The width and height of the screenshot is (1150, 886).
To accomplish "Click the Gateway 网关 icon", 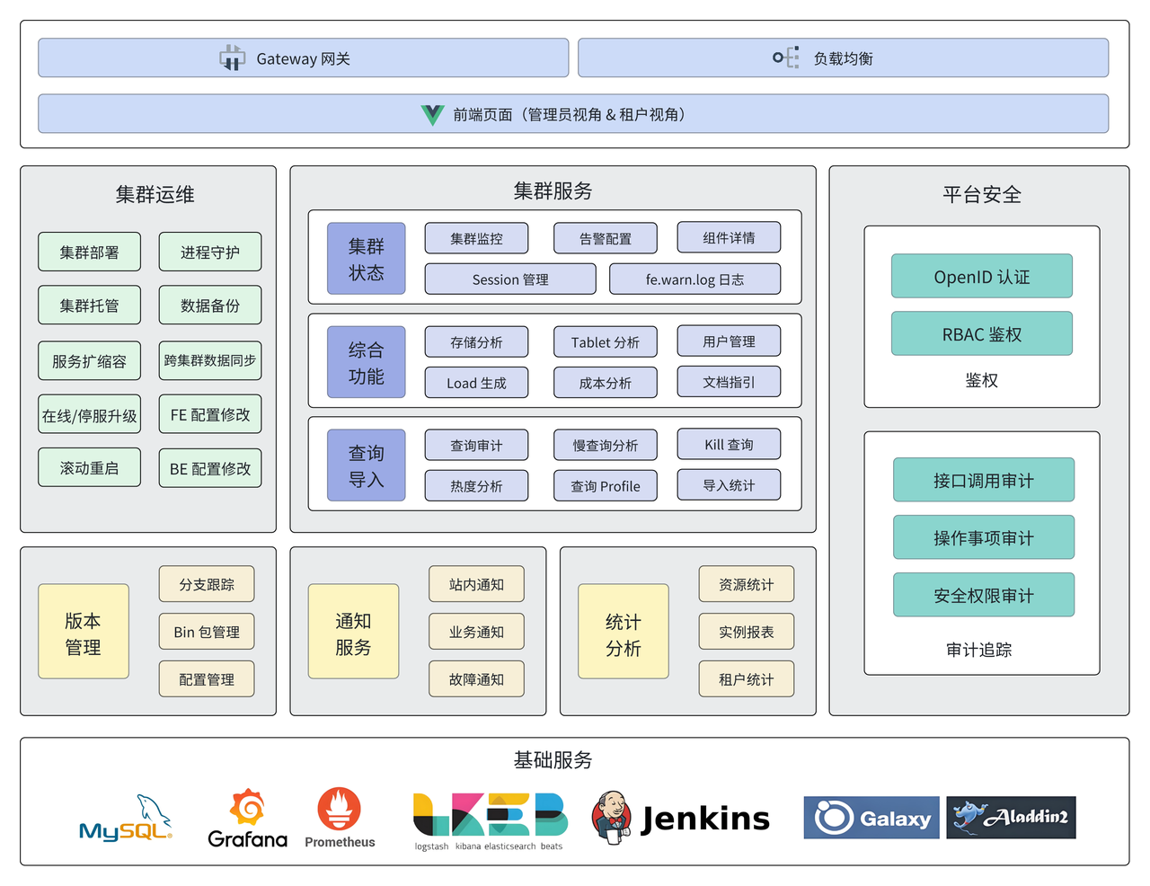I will click(232, 58).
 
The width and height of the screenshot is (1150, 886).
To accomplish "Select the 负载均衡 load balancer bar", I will click(843, 58).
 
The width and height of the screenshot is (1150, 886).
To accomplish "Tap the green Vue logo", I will click(432, 115).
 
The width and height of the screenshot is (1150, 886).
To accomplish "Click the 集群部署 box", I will click(89, 253).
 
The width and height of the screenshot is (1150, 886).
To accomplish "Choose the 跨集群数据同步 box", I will click(210, 360).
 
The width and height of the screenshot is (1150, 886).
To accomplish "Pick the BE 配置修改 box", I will click(210, 468).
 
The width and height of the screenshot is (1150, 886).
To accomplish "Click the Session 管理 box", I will click(509, 279).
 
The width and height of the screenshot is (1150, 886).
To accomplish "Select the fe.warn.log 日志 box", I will click(694, 279).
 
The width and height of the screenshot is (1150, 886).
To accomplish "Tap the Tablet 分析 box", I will click(605, 342).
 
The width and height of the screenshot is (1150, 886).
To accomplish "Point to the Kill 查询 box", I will click(729, 445).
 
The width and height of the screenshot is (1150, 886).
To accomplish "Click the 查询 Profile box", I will click(605, 486).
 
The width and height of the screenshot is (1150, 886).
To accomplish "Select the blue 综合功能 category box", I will click(366, 362).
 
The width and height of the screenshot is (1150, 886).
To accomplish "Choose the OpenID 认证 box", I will click(981, 277).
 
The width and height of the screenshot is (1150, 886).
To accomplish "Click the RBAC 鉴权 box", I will click(981, 334).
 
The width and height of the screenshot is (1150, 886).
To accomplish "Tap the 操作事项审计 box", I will click(983, 537).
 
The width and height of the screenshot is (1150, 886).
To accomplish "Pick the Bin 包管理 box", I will click(207, 632).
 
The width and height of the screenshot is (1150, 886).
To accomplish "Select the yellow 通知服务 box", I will click(353, 632).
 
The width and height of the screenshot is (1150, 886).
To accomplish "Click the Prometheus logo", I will click(340, 811).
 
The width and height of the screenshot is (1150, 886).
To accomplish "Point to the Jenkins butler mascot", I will click(613, 817).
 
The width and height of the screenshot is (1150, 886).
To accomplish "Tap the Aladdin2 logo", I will click(1011, 818).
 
